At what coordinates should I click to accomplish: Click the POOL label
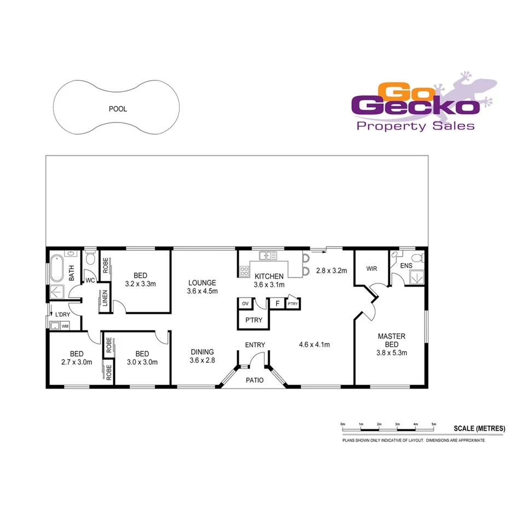[x=118, y=109]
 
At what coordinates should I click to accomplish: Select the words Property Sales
[x=415, y=126]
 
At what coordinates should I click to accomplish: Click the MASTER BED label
[x=391, y=340]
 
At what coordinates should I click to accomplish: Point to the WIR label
[x=372, y=269]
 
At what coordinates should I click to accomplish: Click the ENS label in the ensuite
[x=405, y=265]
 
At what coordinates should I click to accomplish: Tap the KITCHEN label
[x=269, y=276]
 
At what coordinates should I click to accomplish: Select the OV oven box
[x=245, y=303]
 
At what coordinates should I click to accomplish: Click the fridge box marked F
[x=277, y=303]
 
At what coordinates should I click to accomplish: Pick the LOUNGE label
[x=202, y=283]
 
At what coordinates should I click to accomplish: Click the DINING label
[x=202, y=352]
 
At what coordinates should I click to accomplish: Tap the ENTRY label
[x=255, y=345]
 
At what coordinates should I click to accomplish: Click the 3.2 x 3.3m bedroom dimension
[x=141, y=283]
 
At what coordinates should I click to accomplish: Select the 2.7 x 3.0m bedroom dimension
[x=76, y=362]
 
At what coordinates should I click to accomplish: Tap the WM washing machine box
[x=65, y=326]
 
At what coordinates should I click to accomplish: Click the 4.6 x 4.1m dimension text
[x=314, y=344]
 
